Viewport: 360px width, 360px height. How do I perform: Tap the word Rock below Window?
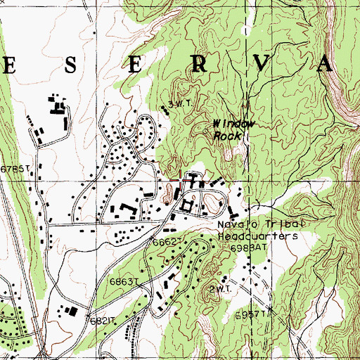pyautogui.click(x=229, y=135)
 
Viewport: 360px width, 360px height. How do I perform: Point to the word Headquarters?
pyautogui.click(x=257, y=236)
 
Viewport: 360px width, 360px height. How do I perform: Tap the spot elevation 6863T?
pyautogui.click(x=122, y=281)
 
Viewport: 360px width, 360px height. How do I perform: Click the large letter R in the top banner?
pyautogui.click(x=199, y=65)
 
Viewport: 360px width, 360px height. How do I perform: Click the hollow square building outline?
pyautogui.click(x=187, y=205)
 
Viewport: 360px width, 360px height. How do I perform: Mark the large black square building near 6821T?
pyautogui.click(x=70, y=310)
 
